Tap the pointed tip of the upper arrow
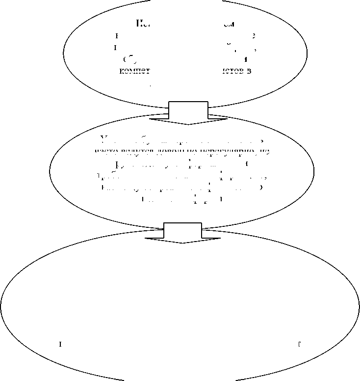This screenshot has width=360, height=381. [x=188, y=124]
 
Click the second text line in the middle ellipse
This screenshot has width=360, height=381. [x=182, y=152]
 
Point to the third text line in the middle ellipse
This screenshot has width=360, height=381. [x=182, y=164]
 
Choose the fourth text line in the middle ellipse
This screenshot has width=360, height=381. [x=182, y=176]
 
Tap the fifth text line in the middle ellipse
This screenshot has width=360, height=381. [x=182, y=188]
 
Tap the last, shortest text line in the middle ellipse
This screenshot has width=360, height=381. [x=182, y=200]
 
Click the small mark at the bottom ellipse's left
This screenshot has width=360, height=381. [x=60, y=344]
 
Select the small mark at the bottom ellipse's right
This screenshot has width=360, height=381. [x=299, y=344]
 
